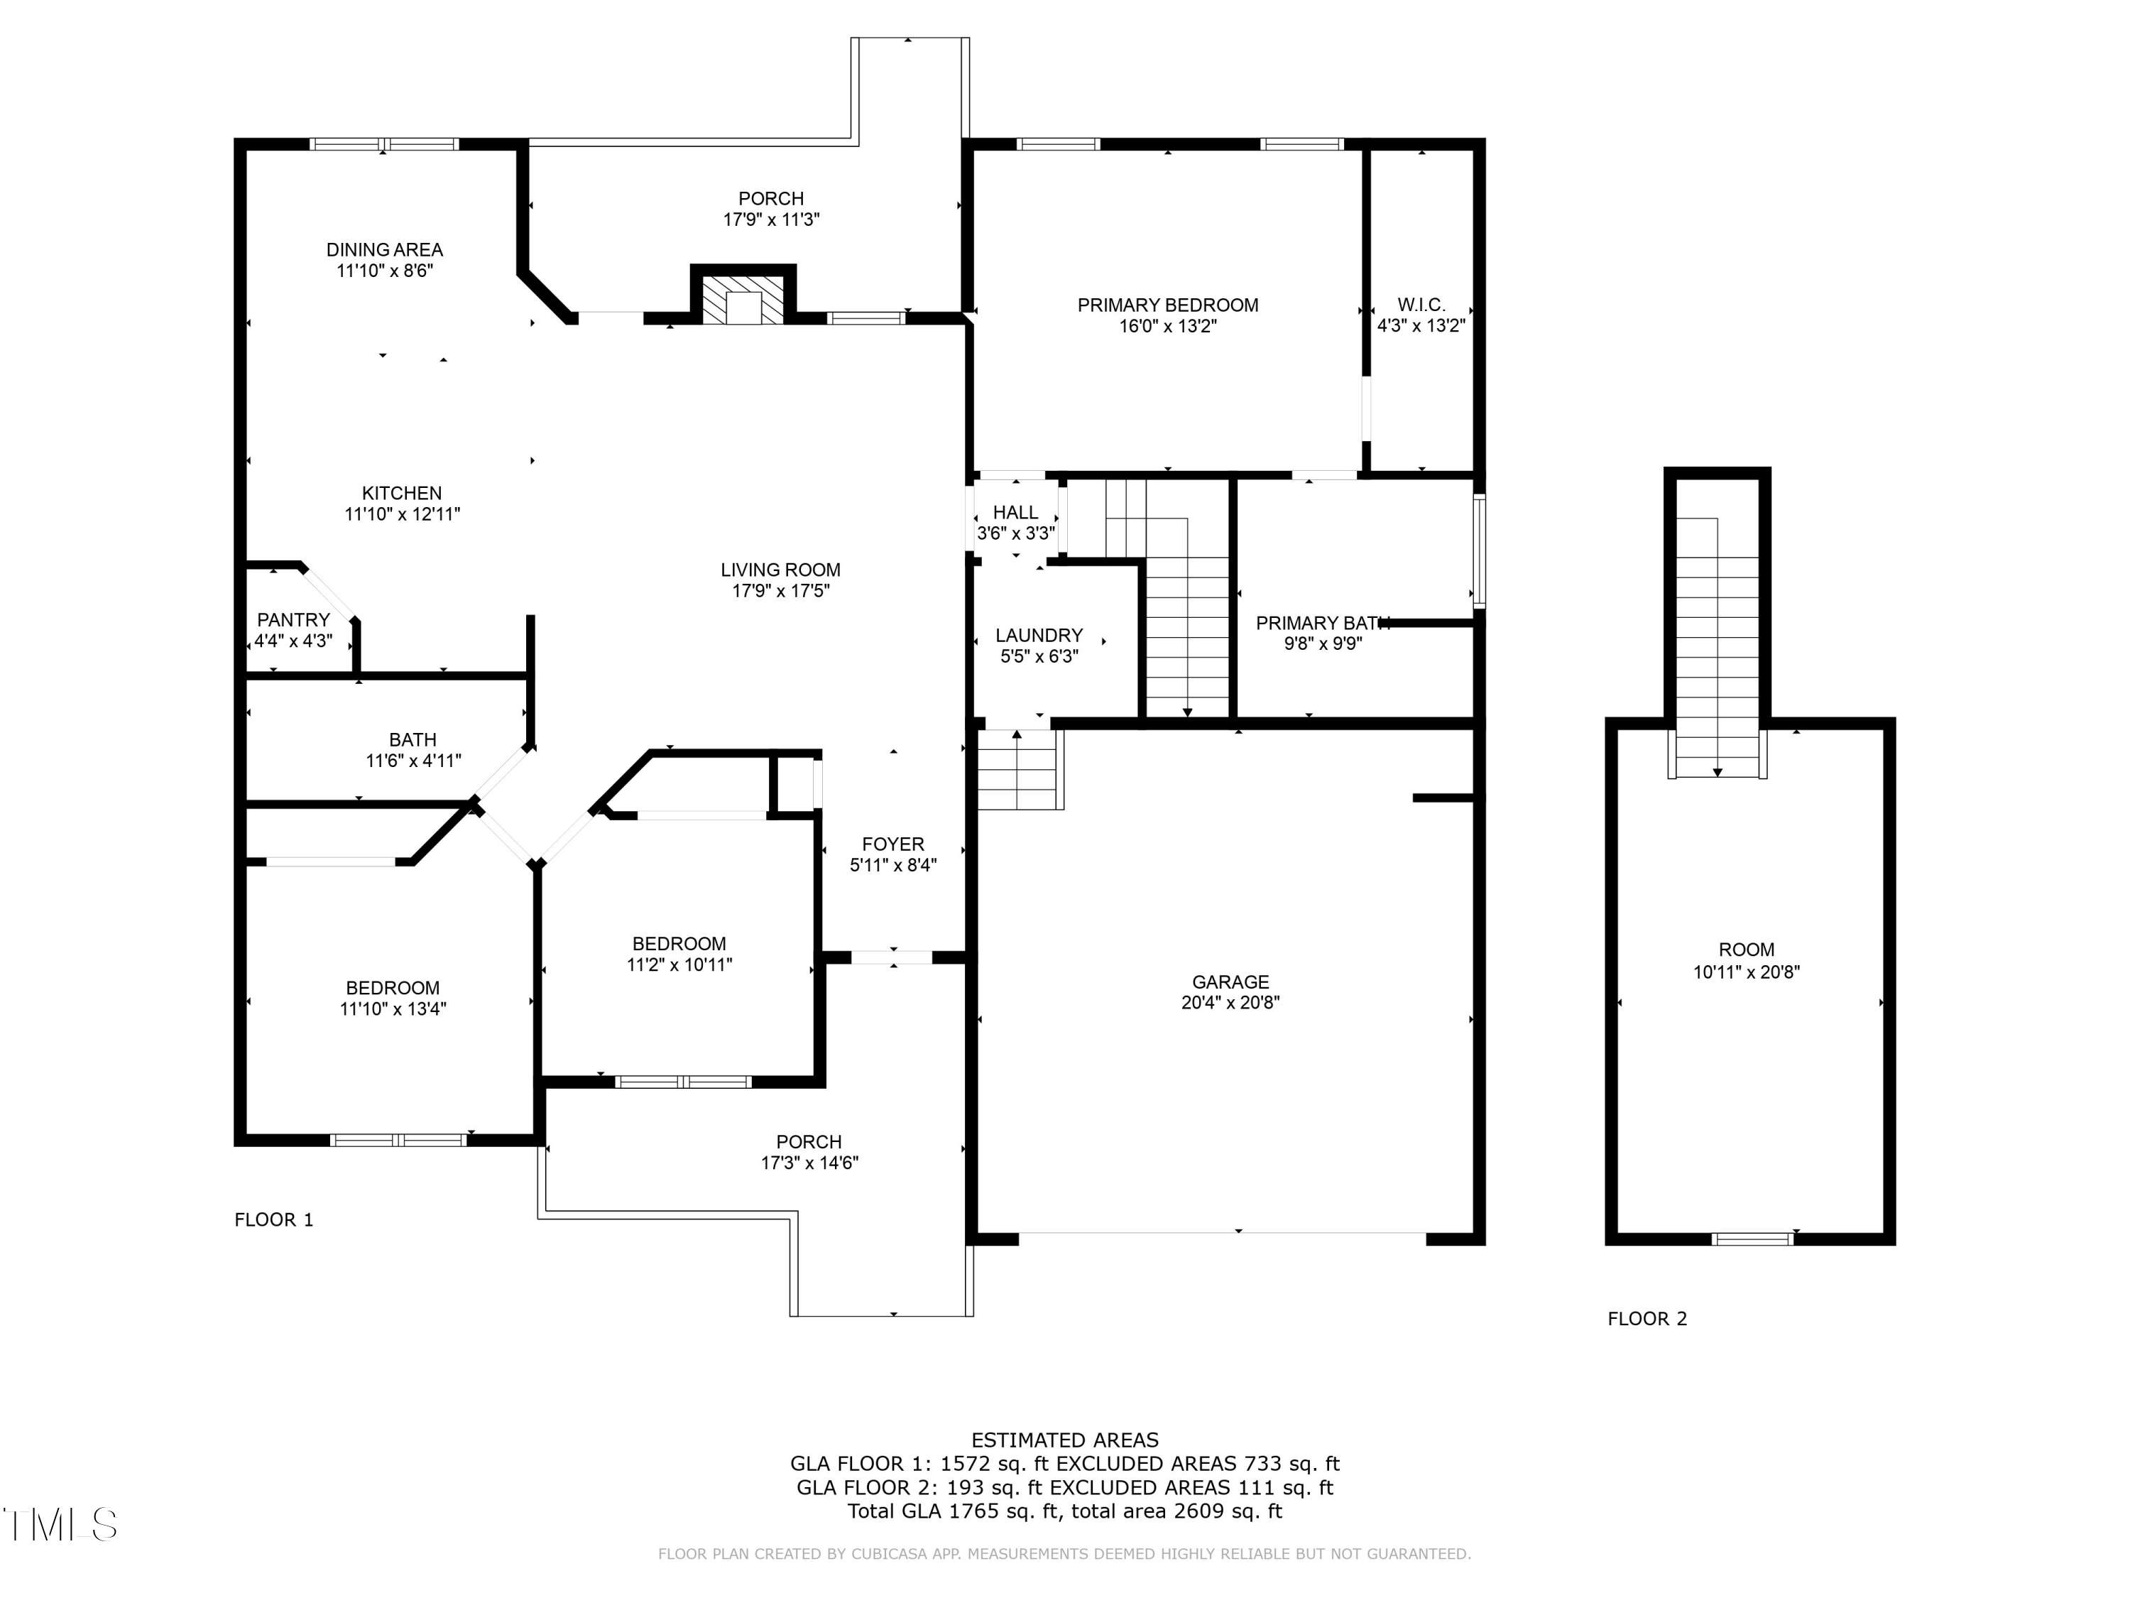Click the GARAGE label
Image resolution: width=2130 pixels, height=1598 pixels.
[x=1230, y=982]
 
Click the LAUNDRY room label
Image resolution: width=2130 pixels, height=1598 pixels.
[x=1038, y=636]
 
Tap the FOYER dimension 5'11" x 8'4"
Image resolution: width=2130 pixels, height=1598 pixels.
[x=892, y=865]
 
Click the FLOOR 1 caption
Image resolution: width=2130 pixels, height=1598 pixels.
[x=273, y=1219]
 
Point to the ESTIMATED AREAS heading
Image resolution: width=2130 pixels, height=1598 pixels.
[x=1064, y=1440]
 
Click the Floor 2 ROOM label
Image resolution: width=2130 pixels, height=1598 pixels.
[x=1746, y=950]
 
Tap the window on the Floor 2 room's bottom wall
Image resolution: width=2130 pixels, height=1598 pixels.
[x=1752, y=1239]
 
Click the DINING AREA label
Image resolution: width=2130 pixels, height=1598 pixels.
[x=384, y=249]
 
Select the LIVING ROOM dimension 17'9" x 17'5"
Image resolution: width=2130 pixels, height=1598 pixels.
[x=780, y=590]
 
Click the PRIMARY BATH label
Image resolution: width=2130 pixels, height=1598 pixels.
[x=1322, y=623]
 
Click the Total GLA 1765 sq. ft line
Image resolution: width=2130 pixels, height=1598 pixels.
[x=1064, y=1511]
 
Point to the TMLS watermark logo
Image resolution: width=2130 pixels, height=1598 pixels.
[x=60, y=1524]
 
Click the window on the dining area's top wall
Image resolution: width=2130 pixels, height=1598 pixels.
[x=383, y=144]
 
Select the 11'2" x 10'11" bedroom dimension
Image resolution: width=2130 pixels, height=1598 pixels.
[x=679, y=964]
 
